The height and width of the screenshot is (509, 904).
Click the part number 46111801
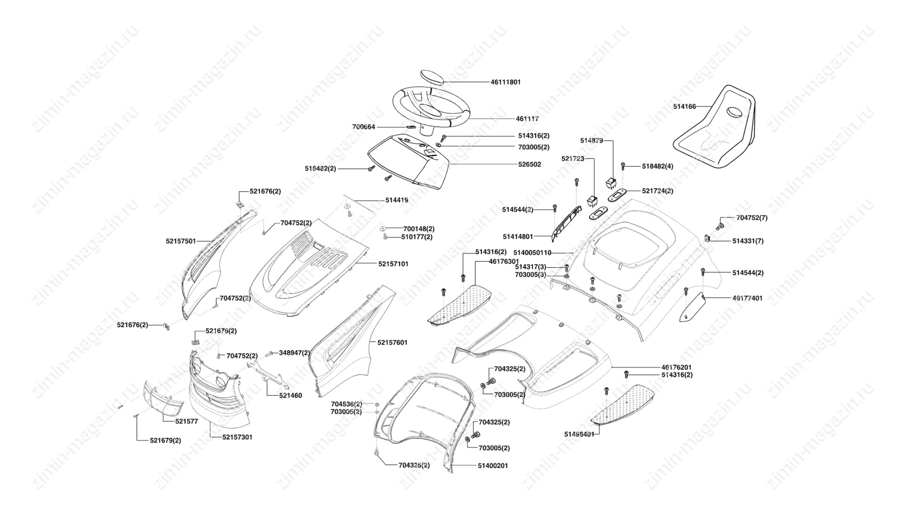point(505,82)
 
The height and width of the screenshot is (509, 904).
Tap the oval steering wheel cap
point(432,77)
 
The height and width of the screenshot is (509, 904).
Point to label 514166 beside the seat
point(684,107)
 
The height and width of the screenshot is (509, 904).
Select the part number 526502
point(529,164)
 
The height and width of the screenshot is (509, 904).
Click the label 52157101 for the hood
point(393,264)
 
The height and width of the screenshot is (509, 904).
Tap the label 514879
point(591,140)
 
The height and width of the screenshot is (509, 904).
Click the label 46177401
point(747,298)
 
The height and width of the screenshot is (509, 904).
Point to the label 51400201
point(492,466)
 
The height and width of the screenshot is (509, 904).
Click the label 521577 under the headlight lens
point(186,421)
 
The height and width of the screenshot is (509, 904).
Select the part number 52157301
point(237,437)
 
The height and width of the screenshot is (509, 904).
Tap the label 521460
point(291,395)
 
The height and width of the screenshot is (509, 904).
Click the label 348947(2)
point(294,353)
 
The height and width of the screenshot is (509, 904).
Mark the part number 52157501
point(181,241)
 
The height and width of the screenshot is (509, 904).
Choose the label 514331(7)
point(748,241)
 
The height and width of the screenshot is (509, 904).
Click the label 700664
point(363,127)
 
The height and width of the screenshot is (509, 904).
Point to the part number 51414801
point(518,237)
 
